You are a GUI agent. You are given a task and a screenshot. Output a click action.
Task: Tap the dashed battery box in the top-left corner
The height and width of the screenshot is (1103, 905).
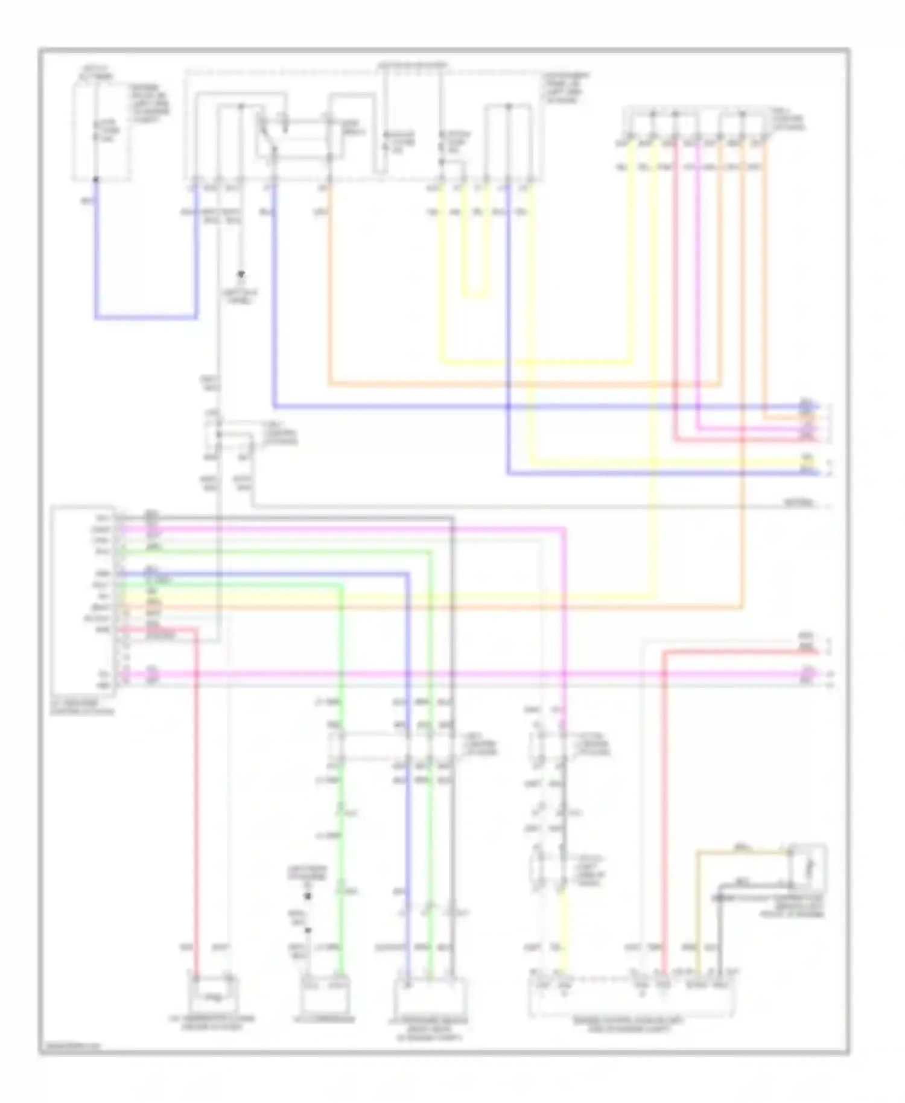coord(101,132)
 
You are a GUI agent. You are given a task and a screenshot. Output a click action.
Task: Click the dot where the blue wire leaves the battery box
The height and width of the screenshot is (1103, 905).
coord(95,179)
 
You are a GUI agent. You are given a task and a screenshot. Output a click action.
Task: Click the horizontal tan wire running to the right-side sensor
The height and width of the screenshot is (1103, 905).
coord(742,851)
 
